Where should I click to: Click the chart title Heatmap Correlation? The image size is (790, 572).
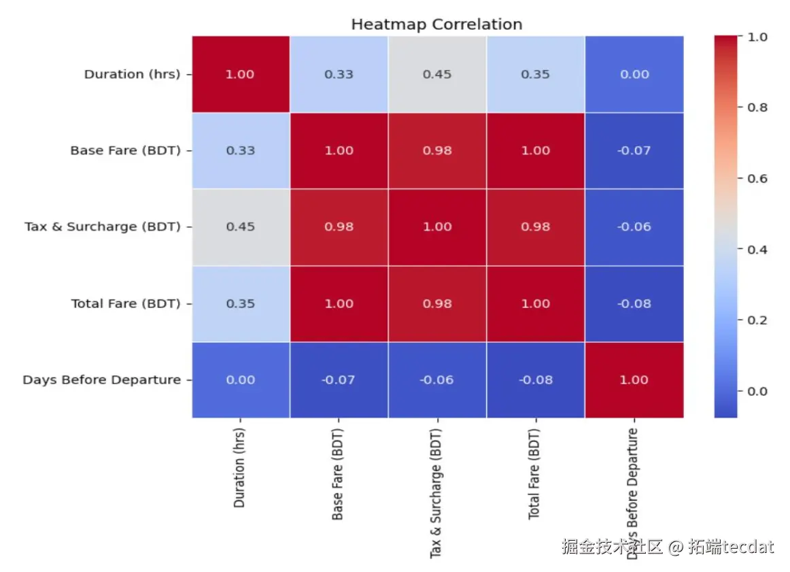tap(436, 24)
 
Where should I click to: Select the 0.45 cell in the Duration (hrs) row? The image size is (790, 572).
tap(437, 74)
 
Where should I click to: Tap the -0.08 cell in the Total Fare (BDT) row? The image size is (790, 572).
tap(634, 303)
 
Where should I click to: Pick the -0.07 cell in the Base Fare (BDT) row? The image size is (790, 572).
tap(634, 150)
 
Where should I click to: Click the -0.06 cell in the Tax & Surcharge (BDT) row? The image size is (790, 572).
tap(634, 226)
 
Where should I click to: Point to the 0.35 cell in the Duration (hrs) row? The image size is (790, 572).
tap(535, 74)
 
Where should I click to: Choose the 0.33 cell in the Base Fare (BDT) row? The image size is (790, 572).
tap(240, 150)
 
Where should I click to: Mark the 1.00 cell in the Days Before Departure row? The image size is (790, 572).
tap(634, 380)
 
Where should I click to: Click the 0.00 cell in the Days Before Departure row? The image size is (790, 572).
tap(240, 380)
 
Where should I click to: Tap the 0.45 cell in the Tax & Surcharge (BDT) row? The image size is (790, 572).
tap(240, 226)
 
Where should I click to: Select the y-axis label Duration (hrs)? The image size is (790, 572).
tap(132, 74)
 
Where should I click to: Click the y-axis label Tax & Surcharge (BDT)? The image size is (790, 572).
tap(103, 226)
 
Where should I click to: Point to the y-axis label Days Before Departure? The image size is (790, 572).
tap(101, 380)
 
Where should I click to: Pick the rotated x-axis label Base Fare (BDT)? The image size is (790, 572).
tap(338, 474)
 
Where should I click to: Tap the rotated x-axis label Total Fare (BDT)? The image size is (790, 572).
tap(534, 473)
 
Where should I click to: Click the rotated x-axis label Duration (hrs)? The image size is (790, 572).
tap(240, 468)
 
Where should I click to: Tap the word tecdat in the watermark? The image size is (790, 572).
tap(748, 546)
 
